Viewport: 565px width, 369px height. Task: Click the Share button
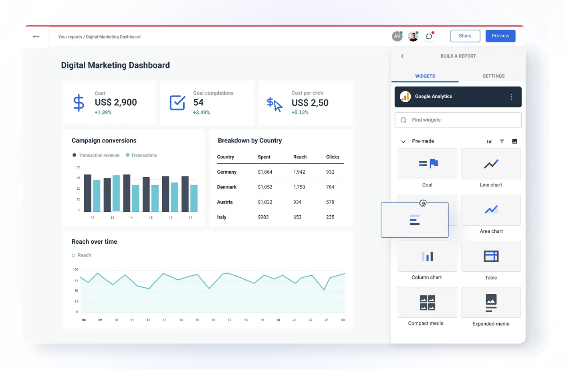click(465, 36)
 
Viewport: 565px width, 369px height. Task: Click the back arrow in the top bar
click(36, 37)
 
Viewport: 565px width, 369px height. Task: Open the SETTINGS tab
click(493, 76)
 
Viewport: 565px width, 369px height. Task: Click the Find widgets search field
click(458, 120)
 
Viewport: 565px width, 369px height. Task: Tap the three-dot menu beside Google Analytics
click(511, 97)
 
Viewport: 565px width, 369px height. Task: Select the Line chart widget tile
click(491, 164)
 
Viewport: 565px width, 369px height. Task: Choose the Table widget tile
click(491, 257)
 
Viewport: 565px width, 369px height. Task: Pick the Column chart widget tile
click(427, 257)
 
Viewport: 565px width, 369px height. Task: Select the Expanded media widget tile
click(491, 303)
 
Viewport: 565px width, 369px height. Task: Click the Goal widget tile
click(427, 164)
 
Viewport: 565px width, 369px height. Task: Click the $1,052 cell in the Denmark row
click(265, 187)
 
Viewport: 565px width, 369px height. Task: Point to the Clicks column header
click(333, 157)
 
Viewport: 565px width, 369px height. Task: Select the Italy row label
click(222, 217)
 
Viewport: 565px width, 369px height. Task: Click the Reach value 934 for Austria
click(297, 202)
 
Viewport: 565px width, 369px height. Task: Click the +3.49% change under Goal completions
click(201, 112)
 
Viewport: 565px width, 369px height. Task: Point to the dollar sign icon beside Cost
click(79, 102)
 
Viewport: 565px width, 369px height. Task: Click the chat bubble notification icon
click(429, 36)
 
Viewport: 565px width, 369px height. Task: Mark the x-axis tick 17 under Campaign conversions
click(190, 218)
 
